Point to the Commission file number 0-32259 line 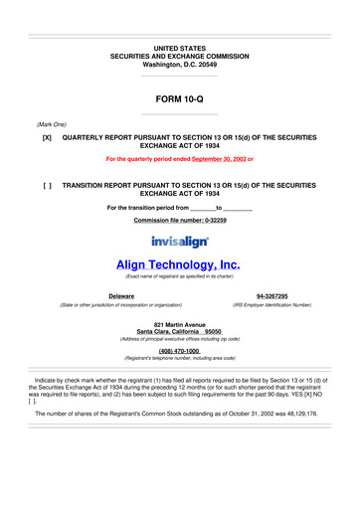179,219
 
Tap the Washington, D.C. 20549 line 179,64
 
